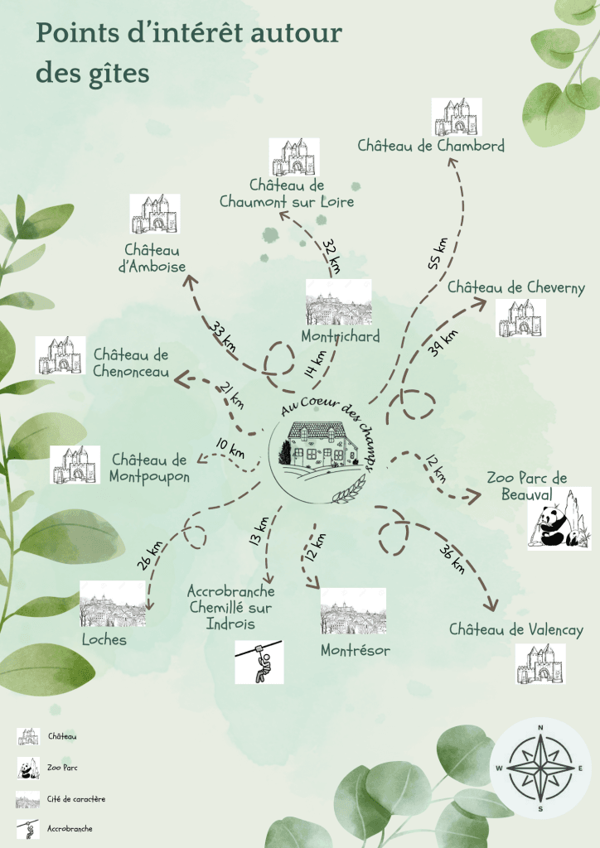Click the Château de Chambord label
click(x=431, y=146)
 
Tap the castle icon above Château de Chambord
click(x=457, y=117)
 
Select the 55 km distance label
click(x=438, y=253)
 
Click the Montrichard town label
click(x=341, y=336)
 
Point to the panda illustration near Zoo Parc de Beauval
click(x=559, y=518)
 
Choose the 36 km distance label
click(x=452, y=559)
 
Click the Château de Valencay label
click(x=516, y=630)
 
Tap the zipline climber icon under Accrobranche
click(x=259, y=662)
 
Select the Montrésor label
click(x=356, y=649)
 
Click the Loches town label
click(x=104, y=640)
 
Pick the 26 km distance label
click(x=149, y=556)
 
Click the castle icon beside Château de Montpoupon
click(x=75, y=465)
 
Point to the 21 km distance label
click(x=231, y=395)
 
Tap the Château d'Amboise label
click(x=152, y=258)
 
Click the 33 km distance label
click(x=223, y=336)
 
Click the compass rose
click(x=540, y=768)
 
